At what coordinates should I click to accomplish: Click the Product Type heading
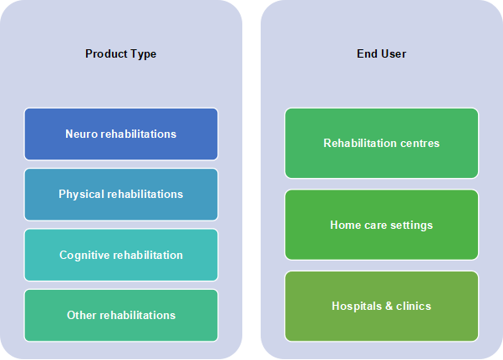click(x=120, y=53)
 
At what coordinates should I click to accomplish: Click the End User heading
click(x=381, y=53)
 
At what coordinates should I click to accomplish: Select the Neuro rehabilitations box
click(x=121, y=134)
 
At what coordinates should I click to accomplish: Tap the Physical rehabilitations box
click(x=121, y=195)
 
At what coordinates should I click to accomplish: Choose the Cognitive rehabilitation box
click(x=121, y=255)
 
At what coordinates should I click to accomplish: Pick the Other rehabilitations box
click(x=121, y=315)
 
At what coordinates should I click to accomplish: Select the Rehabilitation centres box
click(x=381, y=143)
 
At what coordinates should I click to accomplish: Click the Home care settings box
click(x=381, y=225)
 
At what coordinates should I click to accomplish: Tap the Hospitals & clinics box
click(x=381, y=307)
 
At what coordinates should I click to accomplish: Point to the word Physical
click(x=82, y=195)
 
